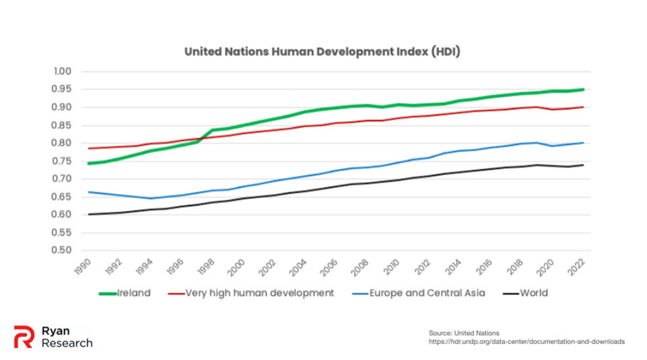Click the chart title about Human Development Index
tap(322, 52)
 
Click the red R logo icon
tap(24, 336)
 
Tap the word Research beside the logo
tap(67, 343)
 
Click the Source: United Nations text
tap(464, 333)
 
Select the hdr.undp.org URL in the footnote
tap(526, 342)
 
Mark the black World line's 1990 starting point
tap(88, 214)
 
